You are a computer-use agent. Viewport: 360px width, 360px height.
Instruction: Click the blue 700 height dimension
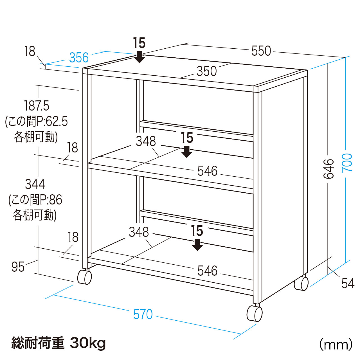pos(347,163)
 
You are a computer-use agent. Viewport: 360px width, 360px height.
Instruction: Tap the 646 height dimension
pos(328,169)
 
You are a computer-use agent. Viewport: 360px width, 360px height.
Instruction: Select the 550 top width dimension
pos(261,51)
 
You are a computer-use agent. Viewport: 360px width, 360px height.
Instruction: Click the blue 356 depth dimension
pos(79,58)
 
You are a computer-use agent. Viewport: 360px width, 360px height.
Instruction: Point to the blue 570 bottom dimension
pos(143,314)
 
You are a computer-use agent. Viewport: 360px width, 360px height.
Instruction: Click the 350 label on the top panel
pos(207,71)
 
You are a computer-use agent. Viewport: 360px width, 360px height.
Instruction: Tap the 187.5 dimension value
pos(37,106)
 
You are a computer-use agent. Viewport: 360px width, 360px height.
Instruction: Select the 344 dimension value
pos(35,184)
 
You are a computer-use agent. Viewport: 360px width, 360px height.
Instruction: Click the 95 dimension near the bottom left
pos(18,267)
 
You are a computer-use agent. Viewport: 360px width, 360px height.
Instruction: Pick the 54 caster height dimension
pos(348,283)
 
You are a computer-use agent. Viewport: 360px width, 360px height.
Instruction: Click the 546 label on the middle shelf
pos(207,171)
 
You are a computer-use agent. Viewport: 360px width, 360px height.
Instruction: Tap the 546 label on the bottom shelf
pos(207,271)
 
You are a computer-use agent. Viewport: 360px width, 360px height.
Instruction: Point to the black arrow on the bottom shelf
pos(197,245)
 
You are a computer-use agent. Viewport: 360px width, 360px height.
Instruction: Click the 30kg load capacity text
pos(88,343)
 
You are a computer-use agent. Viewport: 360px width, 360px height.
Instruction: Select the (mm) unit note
pos(336,344)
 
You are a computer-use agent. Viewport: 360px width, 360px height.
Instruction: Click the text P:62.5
pos(52,121)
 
